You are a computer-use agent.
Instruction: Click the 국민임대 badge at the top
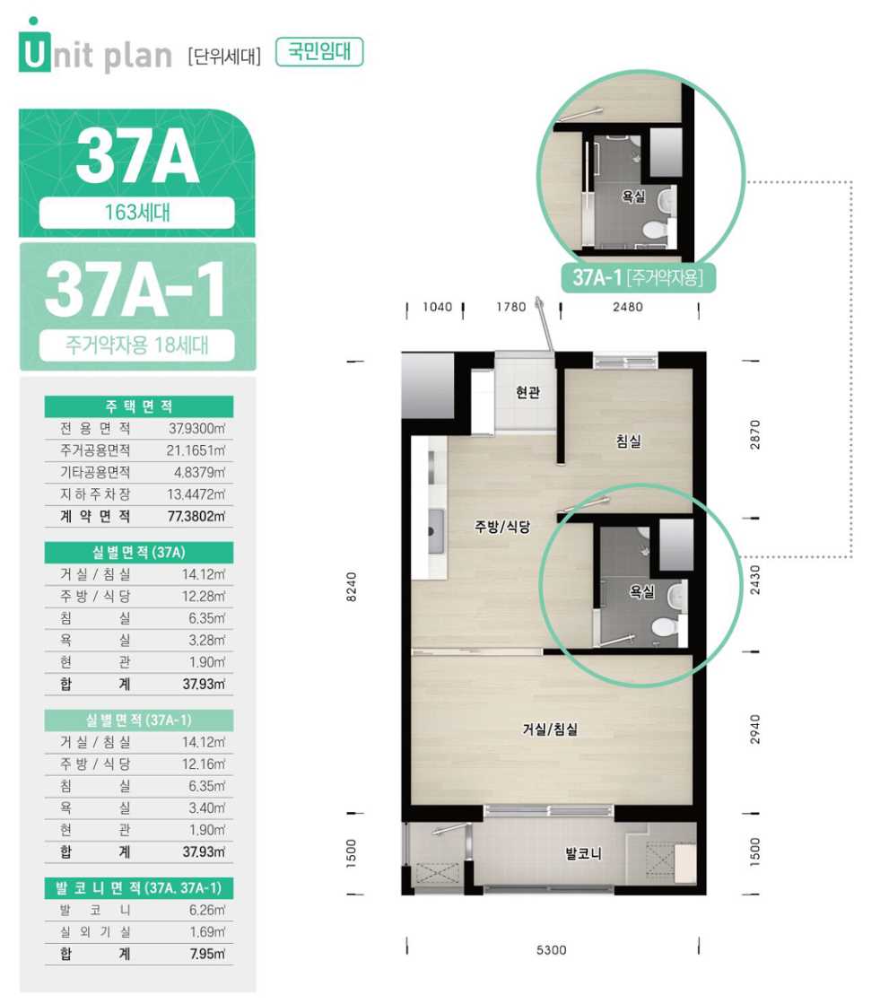319,52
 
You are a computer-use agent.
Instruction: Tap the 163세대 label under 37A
137,212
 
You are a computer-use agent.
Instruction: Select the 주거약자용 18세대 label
137,345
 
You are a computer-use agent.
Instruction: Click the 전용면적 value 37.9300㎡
196,428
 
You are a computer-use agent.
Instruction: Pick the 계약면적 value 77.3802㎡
196,516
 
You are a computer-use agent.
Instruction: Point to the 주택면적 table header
139,406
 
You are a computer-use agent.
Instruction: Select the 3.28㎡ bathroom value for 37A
206,641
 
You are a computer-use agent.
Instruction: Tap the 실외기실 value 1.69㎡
207,932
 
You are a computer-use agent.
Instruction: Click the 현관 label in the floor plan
528,392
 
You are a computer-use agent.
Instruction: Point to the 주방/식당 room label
502,527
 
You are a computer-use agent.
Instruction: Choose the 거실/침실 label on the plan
550,729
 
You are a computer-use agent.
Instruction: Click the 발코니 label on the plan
583,853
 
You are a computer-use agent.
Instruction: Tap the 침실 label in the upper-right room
629,441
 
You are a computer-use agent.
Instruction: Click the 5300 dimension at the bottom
551,950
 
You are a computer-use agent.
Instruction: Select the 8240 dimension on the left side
352,587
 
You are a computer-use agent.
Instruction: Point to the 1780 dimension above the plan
510,308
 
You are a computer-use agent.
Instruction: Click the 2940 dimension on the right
755,729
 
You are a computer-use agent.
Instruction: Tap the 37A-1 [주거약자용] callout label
638,278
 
